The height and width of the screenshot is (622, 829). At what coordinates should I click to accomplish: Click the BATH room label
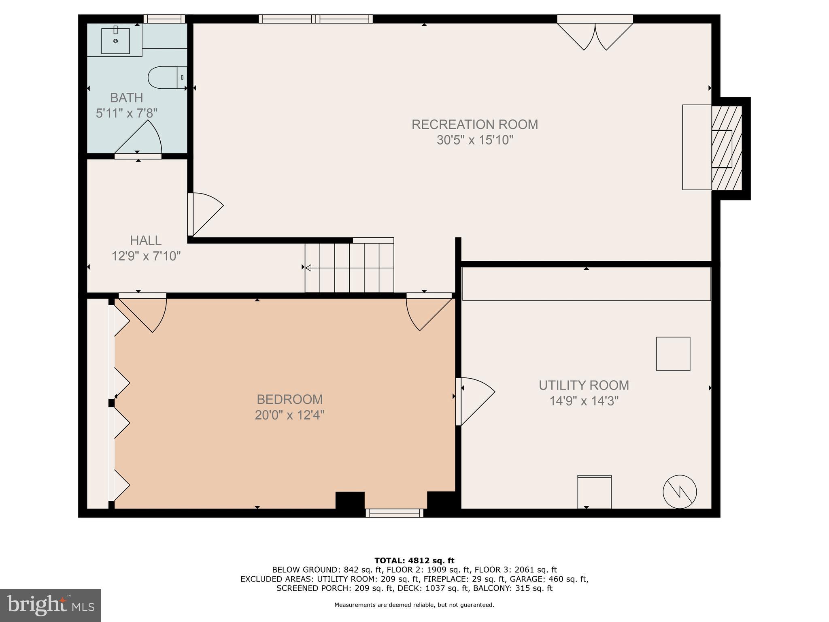(x=126, y=98)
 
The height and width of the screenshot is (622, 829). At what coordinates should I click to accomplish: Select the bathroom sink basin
(x=115, y=40)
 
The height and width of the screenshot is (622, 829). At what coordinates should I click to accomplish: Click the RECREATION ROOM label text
(x=474, y=124)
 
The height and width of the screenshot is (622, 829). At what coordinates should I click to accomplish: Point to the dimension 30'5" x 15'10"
(x=474, y=140)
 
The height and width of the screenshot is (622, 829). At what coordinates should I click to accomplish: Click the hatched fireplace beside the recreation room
(x=727, y=148)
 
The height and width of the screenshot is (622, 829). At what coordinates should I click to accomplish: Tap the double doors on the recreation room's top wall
(x=595, y=34)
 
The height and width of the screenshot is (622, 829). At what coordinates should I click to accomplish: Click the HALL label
(x=146, y=240)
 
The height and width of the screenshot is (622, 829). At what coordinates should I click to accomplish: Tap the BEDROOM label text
(x=289, y=399)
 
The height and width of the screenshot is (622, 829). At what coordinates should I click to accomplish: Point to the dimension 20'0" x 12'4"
(x=289, y=415)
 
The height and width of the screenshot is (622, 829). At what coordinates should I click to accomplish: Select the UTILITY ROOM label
(x=584, y=385)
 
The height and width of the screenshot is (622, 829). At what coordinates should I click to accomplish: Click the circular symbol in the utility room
(x=680, y=492)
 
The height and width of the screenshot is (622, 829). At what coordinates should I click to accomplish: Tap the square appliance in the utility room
(x=673, y=354)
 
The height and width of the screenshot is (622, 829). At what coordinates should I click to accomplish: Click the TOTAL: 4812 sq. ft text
(x=414, y=560)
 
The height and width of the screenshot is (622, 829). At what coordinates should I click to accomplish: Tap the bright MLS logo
(x=50, y=605)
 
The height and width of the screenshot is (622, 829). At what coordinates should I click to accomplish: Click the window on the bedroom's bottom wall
(x=394, y=513)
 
